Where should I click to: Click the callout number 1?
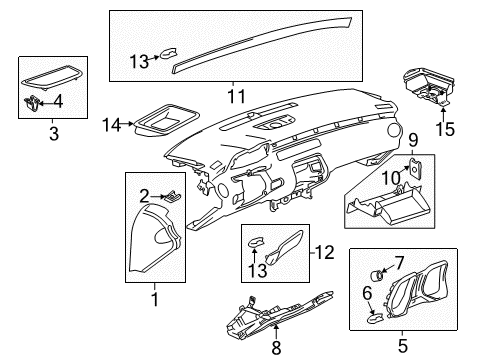click(153, 298)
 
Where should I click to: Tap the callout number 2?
click(146, 196)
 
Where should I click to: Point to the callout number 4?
click(57, 100)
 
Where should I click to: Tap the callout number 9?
click(412, 141)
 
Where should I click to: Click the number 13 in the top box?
click(139, 61)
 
